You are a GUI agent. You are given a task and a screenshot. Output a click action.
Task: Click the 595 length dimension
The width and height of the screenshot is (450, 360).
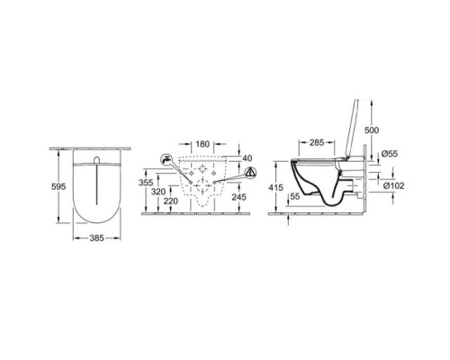pos(58,186)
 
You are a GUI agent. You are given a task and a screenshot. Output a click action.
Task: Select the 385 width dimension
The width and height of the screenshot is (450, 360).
pos(96,238)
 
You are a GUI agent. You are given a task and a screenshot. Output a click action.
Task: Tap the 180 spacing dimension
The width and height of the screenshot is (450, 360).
pos(202,144)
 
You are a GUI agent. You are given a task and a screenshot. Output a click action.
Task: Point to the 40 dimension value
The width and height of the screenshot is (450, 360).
pos(247,158)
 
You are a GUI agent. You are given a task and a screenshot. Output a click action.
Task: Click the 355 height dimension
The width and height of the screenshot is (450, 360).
pos(146,183)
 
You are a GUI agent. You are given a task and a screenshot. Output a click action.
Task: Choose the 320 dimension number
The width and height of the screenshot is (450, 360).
pos(158,192)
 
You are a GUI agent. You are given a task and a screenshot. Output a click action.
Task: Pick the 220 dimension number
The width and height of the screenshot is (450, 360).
pos(171,201)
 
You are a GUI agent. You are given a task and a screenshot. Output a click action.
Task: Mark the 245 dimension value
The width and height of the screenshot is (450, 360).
pos(238,197)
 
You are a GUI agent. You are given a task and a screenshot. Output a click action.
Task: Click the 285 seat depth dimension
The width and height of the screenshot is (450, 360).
pos(317,142)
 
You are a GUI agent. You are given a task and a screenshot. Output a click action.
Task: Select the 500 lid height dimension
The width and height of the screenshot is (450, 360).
pos(372,130)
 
